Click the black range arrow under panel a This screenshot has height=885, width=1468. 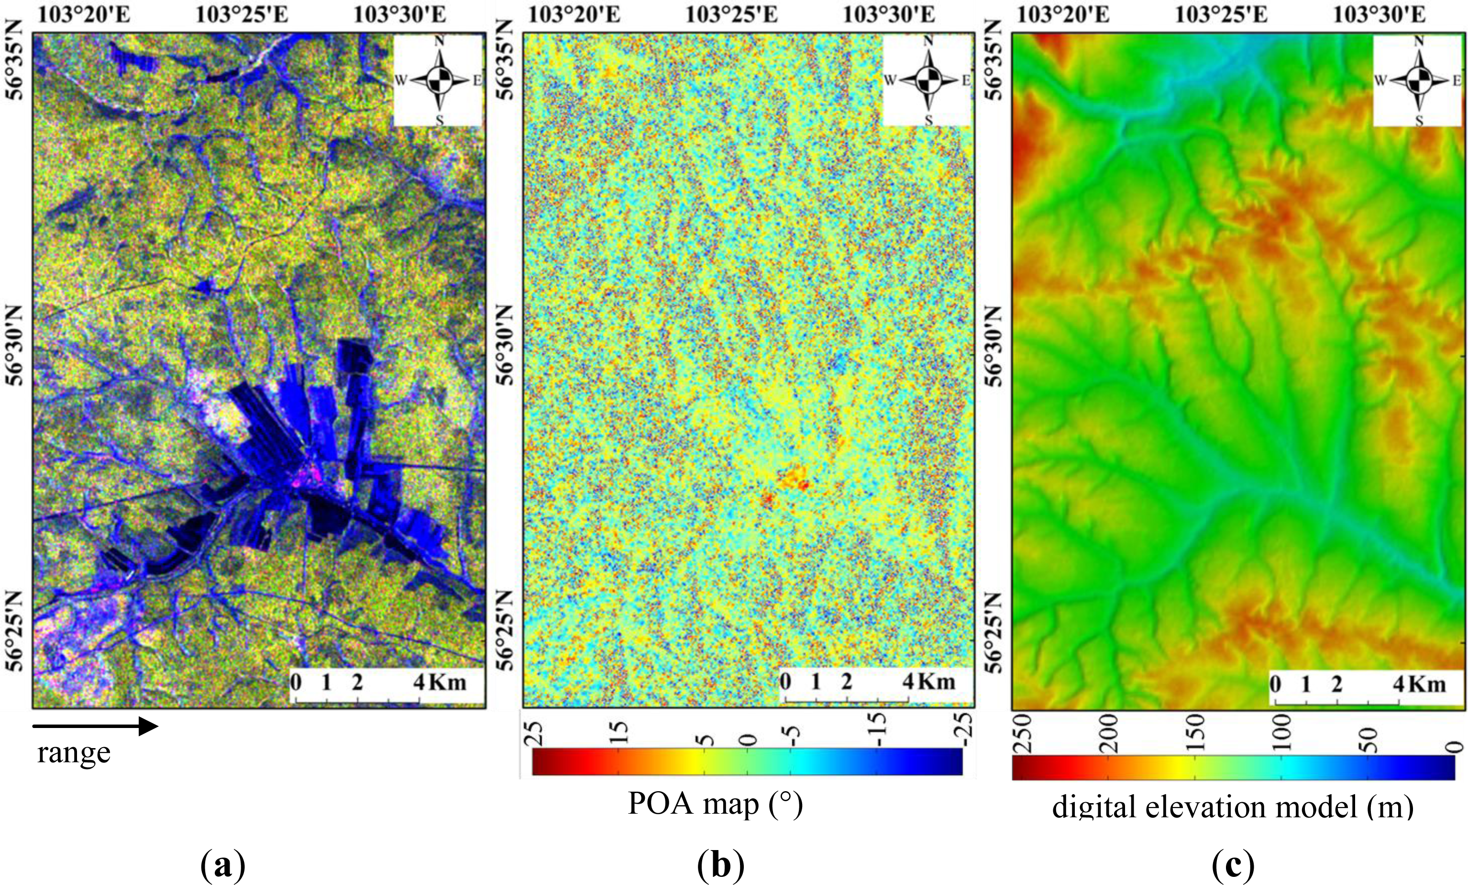point(95,726)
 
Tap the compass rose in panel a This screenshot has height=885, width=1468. point(440,80)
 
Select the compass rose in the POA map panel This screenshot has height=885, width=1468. point(927,80)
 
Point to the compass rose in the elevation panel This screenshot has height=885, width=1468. point(1419,80)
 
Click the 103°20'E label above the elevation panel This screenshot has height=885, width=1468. point(1062,14)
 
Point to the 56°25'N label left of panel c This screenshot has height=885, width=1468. point(994,632)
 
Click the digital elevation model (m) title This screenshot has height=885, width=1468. point(1232,807)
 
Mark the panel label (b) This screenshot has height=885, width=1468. point(720,865)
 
